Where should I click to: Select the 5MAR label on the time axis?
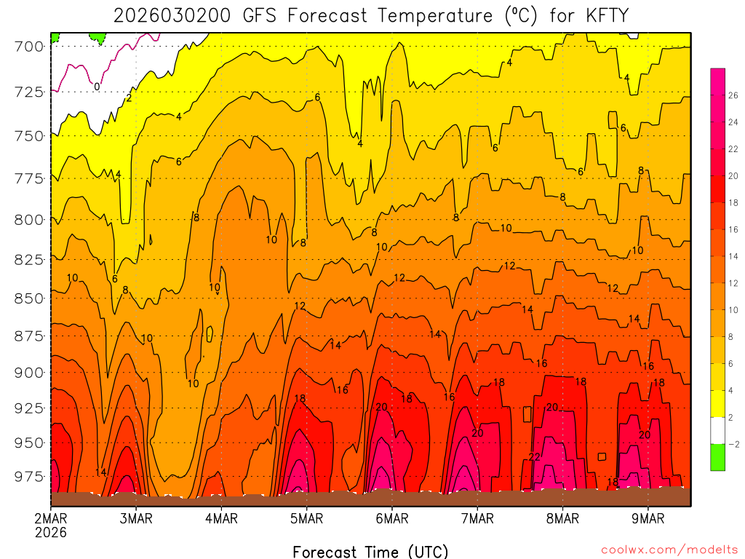pyautogui.click(x=306, y=518)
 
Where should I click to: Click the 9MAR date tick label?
pyautogui.click(x=648, y=518)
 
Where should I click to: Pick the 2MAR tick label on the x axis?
pyautogui.click(x=50, y=518)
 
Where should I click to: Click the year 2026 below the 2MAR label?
pyautogui.click(x=50, y=532)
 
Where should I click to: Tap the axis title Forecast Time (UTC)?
pyautogui.click(x=370, y=551)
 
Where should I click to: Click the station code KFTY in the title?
pyautogui.click(x=598, y=15)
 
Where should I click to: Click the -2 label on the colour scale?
pyautogui.click(x=733, y=444)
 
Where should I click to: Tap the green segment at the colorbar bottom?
pyautogui.click(x=717, y=457)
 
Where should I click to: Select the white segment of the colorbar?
pyautogui.click(x=717, y=431)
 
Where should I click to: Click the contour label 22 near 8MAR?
pyautogui.click(x=535, y=457)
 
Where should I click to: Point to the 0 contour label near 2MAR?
pyautogui.click(x=97, y=87)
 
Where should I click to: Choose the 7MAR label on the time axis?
pyautogui.click(x=477, y=518)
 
